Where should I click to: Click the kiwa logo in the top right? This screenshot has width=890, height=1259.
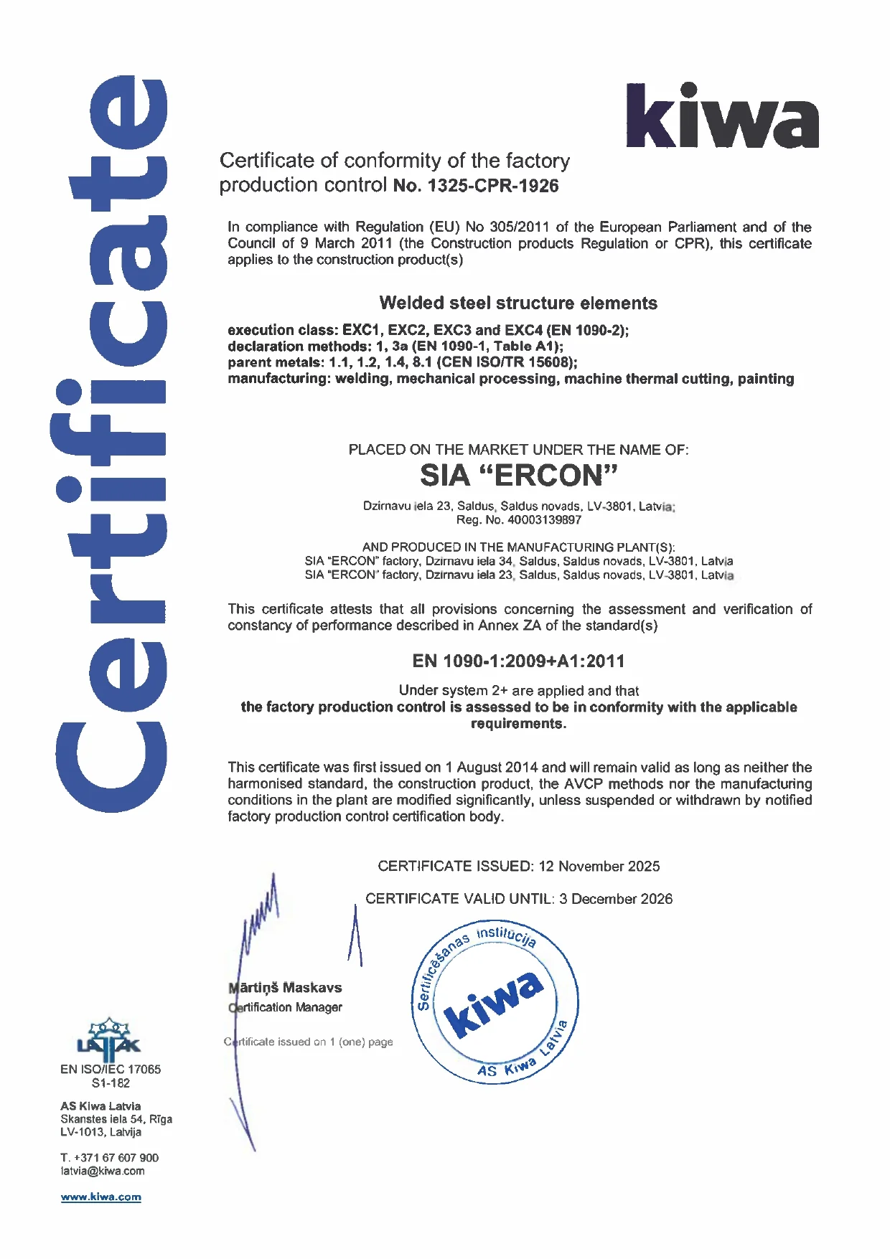pos(722,116)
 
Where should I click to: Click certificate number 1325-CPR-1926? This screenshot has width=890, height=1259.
pos(492,186)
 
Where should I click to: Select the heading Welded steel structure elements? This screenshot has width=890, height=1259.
pos(517,303)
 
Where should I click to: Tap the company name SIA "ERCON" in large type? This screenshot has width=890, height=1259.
pos(518,476)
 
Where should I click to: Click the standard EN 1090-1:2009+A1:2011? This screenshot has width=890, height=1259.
pos(518,661)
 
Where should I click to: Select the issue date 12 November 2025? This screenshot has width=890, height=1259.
pos(599,866)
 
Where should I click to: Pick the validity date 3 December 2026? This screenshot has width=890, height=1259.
pos(616,899)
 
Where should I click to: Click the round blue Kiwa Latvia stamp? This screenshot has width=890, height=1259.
pos(496,1001)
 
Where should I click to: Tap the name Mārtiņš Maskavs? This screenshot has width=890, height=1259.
pos(286,988)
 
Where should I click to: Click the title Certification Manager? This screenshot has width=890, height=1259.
pos(286,1007)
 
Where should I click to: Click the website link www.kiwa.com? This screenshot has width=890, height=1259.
pos(101,1197)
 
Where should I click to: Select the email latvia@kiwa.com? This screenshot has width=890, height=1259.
pos(103,1171)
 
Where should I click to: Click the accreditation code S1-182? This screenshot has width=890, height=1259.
pos(111,1083)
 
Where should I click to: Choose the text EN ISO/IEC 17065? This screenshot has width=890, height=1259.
pos(111,1069)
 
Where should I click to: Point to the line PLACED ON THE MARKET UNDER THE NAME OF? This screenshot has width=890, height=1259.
pos(518,450)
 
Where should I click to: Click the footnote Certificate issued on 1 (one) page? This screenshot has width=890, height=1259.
pos(309,1042)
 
